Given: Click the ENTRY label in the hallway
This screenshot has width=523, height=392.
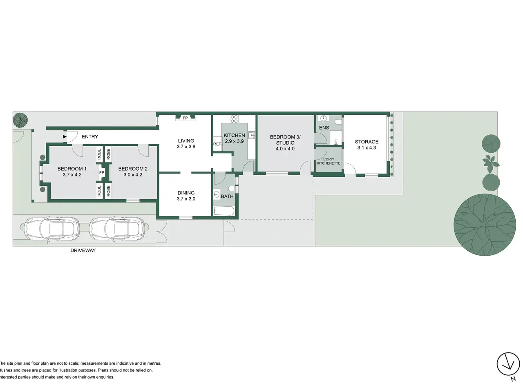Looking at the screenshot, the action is click(90, 137).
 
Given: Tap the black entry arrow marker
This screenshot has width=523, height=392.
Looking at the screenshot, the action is click(65, 137).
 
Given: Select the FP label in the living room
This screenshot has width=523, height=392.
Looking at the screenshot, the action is click(185, 118).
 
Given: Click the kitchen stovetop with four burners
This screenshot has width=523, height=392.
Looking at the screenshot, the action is click(234, 119).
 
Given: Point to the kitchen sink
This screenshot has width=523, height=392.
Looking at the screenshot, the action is click(252, 135).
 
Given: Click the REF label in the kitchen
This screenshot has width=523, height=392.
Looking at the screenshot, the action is click(217, 144).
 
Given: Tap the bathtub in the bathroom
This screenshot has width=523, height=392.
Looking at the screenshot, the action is click(224, 211).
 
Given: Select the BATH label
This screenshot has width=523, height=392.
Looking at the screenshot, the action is click(227, 196).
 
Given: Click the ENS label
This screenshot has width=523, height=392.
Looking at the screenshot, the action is click(324, 128).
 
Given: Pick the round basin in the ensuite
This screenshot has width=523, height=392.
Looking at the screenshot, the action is click(323, 118).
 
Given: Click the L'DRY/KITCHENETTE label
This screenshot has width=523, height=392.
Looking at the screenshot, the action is click(329, 161).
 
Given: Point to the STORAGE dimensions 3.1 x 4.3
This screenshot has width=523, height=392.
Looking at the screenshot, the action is click(367, 147).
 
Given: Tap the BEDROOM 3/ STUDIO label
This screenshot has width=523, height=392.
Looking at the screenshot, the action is click(285, 140).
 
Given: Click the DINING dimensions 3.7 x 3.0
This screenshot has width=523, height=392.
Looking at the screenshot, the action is click(186, 199).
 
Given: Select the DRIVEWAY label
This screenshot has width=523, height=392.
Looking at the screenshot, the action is click(83, 250).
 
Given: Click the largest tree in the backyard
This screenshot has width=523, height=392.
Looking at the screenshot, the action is click(485, 225).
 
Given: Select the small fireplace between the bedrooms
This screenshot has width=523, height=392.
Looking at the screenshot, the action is click(102, 173).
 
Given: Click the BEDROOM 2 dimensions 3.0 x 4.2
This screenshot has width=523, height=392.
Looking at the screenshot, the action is click(133, 175).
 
